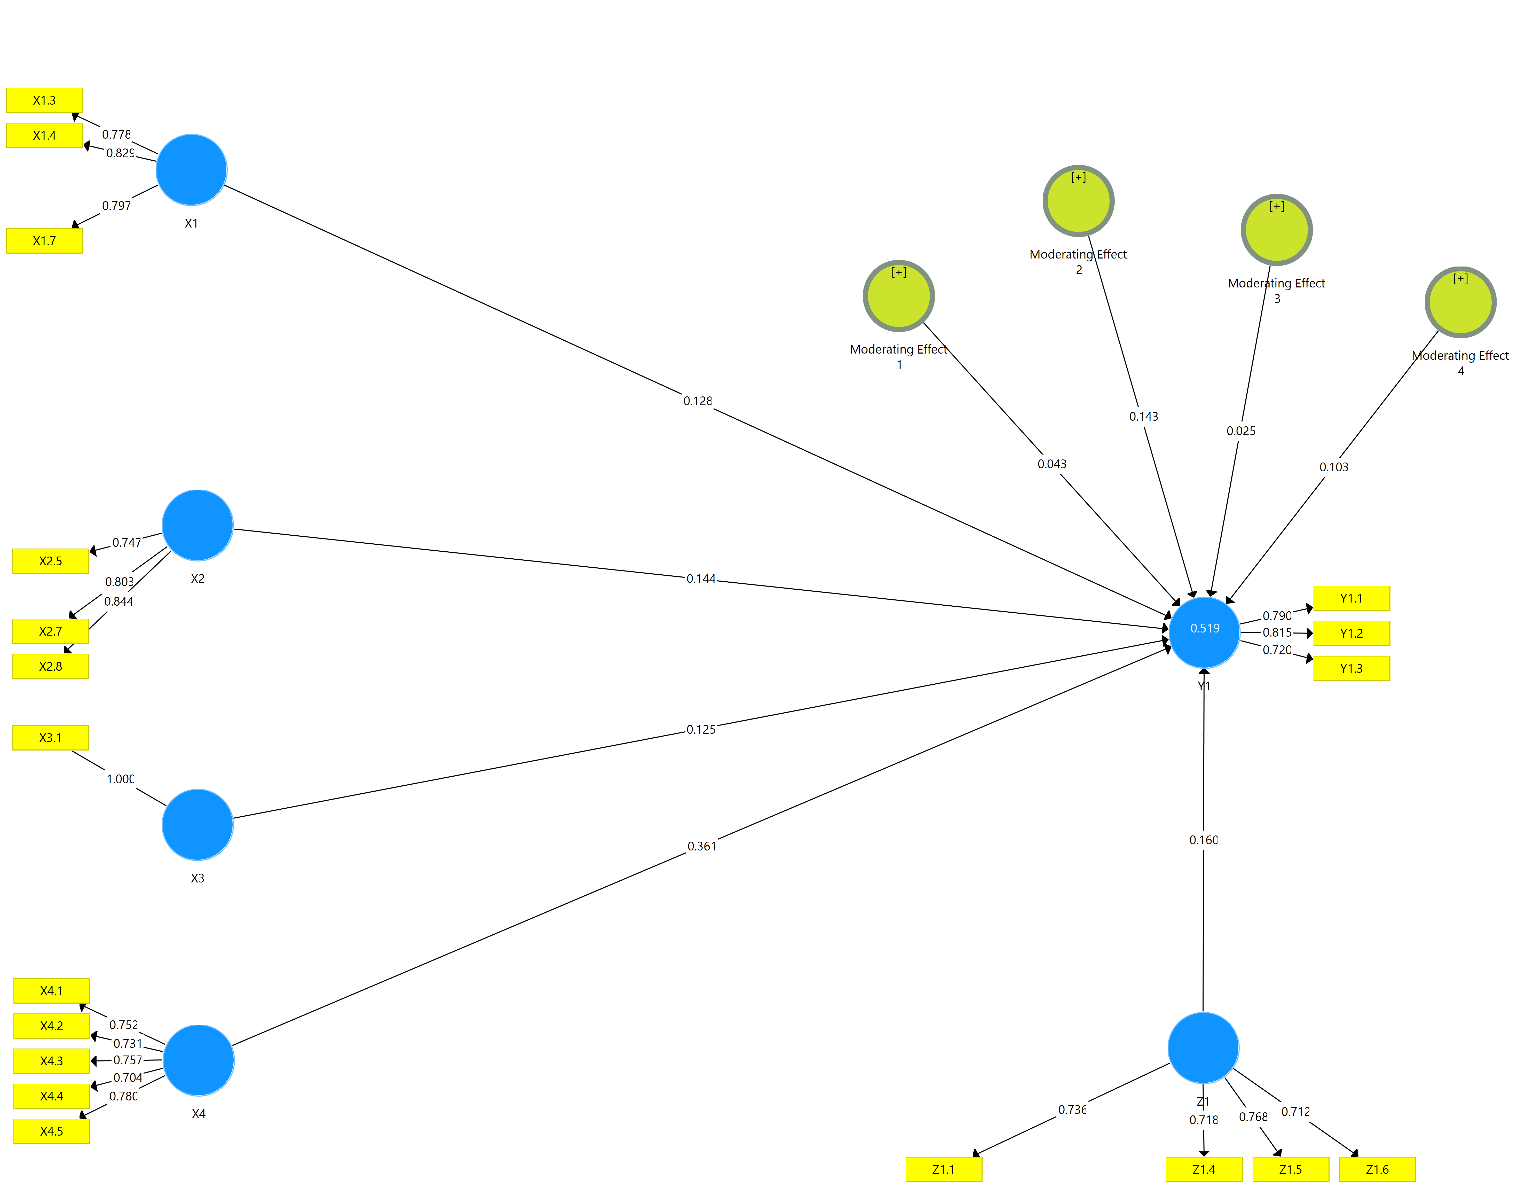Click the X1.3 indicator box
(44, 100)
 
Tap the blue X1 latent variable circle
(191, 170)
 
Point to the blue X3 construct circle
(197, 825)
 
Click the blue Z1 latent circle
(1203, 1048)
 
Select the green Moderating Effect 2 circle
(1079, 201)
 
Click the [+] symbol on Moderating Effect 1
(899, 273)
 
